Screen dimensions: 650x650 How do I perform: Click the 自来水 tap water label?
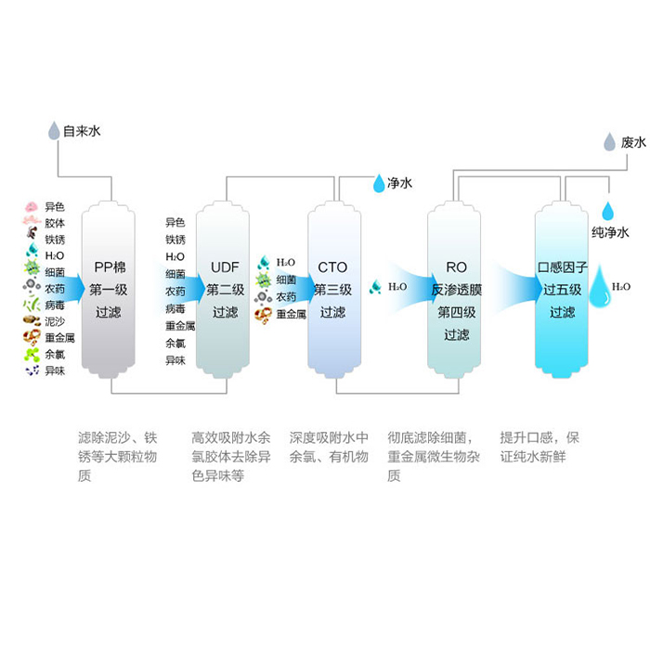point(81,132)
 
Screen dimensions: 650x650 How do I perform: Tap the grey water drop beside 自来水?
point(54,130)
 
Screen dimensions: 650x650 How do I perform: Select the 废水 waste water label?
point(633,142)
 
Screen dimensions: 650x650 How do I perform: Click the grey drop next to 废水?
point(609,142)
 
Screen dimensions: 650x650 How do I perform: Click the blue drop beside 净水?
point(379,184)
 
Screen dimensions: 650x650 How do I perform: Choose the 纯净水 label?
point(610,232)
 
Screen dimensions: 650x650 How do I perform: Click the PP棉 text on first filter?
point(110,267)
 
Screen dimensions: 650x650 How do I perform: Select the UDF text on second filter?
point(225,267)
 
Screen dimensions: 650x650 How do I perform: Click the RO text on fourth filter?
point(456,267)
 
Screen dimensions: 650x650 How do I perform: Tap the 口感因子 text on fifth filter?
point(563,267)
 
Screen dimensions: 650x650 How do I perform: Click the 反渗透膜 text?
point(456,290)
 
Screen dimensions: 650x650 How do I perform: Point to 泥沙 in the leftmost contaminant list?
point(55,320)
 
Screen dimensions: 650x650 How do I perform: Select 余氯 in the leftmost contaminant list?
point(55,354)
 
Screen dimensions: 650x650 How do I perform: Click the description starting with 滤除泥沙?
point(117,456)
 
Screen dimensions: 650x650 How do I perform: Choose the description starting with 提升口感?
point(539,447)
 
